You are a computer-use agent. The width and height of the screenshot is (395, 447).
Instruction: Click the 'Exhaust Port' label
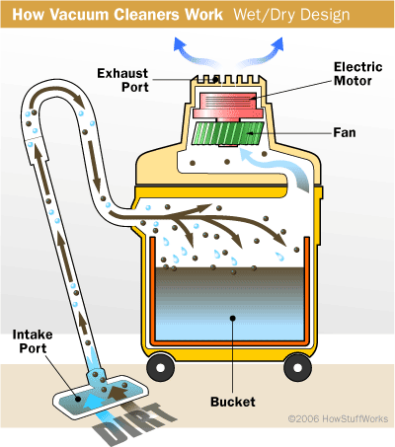coord(122,80)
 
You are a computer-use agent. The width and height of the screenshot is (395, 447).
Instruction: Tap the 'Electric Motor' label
coord(357,74)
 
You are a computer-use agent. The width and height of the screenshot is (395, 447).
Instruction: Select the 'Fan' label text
coord(345,133)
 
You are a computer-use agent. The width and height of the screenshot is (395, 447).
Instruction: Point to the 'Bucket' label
coord(233,402)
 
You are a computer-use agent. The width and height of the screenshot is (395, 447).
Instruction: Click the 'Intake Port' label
coord(33,341)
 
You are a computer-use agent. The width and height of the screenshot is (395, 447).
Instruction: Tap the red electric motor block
coord(228,106)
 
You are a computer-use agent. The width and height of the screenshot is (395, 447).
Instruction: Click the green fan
coord(228,133)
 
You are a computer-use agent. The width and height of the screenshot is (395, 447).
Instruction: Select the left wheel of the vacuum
coord(160,367)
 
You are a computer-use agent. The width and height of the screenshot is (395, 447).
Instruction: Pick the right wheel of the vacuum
coord(297,367)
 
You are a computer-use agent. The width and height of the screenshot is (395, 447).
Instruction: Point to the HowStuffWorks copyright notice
coord(338,418)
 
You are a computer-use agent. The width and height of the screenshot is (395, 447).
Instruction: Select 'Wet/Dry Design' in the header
coord(291,15)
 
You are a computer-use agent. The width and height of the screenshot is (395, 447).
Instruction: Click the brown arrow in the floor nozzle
coord(118,392)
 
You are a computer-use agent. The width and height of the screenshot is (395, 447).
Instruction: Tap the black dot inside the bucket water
coord(233,318)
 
